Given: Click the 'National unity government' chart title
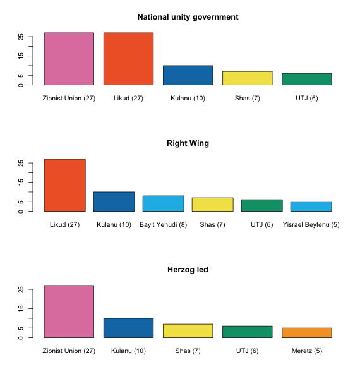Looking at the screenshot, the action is [x=188, y=17].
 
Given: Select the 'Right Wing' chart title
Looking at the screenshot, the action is [x=188, y=143].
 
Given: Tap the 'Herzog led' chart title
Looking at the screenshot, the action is [x=188, y=270].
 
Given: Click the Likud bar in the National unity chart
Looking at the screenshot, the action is [x=129, y=59].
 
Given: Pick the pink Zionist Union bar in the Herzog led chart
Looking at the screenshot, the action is [x=69, y=311].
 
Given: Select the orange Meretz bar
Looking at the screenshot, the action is [x=307, y=333].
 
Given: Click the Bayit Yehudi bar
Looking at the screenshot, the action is [x=164, y=203].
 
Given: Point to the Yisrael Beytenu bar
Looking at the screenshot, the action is [x=311, y=207].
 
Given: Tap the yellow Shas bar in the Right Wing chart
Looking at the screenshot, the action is [x=213, y=205].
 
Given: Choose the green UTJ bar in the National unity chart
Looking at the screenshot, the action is [x=307, y=80].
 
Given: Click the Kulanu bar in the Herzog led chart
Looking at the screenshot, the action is [x=129, y=328].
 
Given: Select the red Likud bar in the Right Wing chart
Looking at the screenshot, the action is [x=65, y=185].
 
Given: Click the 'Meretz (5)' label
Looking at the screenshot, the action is [x=307, y=351].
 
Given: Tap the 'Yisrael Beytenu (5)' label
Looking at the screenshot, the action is [x=311, y=224].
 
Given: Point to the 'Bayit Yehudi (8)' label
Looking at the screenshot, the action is [x=164, y=224].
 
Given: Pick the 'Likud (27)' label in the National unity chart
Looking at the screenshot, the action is [x=129, y=99].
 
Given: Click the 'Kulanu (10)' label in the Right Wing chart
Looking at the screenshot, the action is [x=114, y=224].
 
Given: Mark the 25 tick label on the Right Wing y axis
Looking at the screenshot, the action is [x=21, y=163].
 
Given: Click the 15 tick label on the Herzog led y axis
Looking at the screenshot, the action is [x=21, y=308].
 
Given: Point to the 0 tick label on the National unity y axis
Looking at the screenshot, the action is [x=21, y=85].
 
